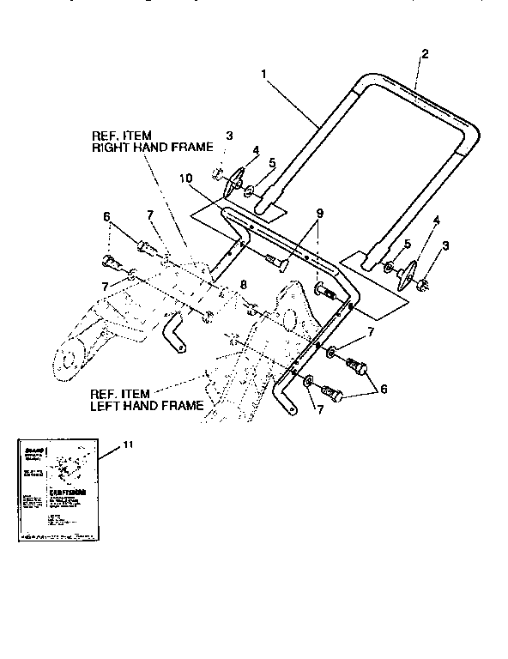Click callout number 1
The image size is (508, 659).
pyautogui.click(x=265, y=76)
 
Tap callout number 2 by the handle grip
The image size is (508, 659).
pyautogui.click(x=425, y=53)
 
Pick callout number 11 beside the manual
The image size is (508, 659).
pyautogui.click(x=128, y=445)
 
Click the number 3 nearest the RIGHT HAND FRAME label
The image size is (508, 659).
pyautogui.click(x=229, y=136)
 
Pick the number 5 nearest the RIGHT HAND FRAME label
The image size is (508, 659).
pyautogui.click(x=271, y=162)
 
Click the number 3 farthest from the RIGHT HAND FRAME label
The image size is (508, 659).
pyautogui.click(x=445, y=247)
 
